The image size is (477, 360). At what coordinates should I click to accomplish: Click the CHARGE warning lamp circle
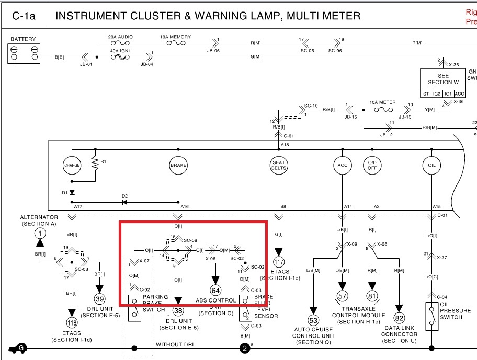click(x=72, y=165)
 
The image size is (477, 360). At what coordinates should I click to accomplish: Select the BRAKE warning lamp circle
click(x=178, y=165)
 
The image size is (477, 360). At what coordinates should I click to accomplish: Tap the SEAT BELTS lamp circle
click(x=278, y=165)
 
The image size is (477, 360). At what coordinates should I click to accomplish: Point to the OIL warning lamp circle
click(x=431, y=165)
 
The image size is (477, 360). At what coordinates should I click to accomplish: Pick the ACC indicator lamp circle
click(x=342, y=165)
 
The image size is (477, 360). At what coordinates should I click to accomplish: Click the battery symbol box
click(x=24, y=53)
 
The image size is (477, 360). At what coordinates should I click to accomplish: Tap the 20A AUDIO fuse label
click(x=120, y=37)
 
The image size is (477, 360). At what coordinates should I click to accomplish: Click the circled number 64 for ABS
click(x=215, y=290)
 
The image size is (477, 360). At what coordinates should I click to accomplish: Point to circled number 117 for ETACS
click(x=278, y=261)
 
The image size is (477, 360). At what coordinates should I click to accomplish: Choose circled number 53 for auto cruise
click(x=313, y=320)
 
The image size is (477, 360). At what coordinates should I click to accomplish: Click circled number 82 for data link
click(x=400, y=318)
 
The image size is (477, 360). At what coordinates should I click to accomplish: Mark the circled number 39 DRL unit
click(x=99, y=299)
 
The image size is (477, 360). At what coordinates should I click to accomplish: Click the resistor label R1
click(x=103, y=161)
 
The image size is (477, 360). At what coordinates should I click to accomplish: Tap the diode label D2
click(x=124, y=196)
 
